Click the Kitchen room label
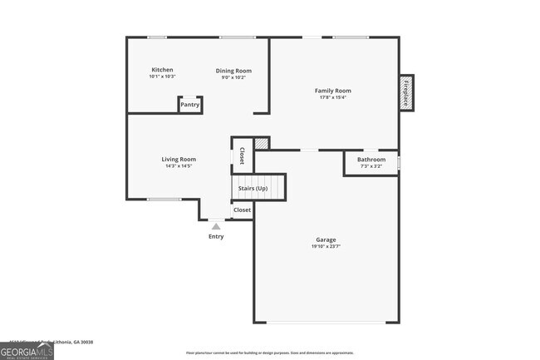click(162, 69)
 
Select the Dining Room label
click(233, 71)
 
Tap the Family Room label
click(332, 90)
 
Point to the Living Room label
click(179, 159)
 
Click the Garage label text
click(326, 239)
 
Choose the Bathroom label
click(371, 159)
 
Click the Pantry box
click(190, 105)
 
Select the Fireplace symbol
click(406, 91)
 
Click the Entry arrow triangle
click(216, 226)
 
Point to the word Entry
click(216, 237)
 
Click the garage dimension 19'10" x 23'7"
click(326, 247)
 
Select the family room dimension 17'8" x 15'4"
click(332, 97)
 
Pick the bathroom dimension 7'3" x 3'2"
click(371, 166)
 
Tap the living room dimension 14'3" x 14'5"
click(179, 166)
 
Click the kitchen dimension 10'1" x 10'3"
click(162, 76)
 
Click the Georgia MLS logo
click(27, 352)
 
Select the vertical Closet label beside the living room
click(242, 155)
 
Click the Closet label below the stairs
click(242, 210)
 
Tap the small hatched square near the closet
click(263, 144)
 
